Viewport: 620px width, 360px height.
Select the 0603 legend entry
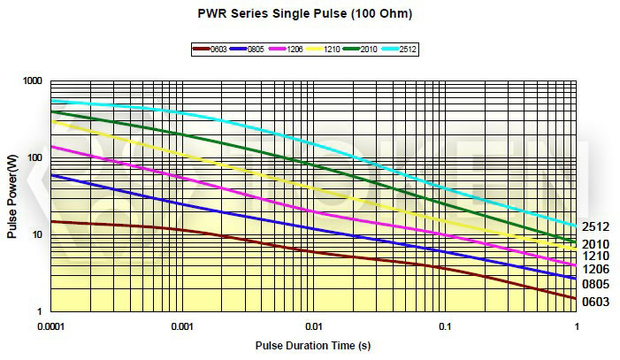point(210,50)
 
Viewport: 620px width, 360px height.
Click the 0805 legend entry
point(248,50)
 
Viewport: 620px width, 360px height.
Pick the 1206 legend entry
point(287,50)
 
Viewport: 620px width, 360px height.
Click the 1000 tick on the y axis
point(34,81)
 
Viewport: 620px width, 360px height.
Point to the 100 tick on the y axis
point(36,158)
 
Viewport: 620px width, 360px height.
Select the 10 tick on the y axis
point(39,235)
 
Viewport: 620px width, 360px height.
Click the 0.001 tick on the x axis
point(182,326)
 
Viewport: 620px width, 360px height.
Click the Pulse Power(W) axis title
point(12,196)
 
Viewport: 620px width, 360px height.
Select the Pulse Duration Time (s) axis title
point(314,344)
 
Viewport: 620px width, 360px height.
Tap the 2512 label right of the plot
point(595,227)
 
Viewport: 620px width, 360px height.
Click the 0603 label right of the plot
point(595,303)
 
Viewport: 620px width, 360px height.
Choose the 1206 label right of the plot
point(595,269)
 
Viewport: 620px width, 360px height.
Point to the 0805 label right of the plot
point(595,285)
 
